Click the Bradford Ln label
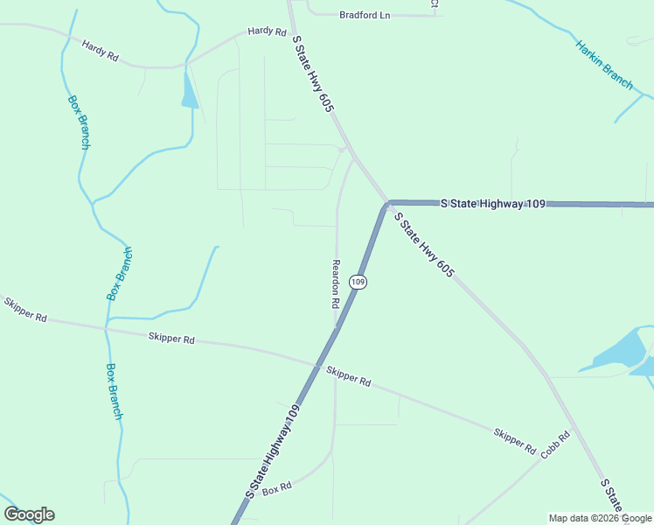[365, 15]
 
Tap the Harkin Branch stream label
[604, 64]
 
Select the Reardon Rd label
[335, 283]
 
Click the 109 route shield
[357, 282]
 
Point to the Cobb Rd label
[555, 444]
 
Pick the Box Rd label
[276, 488]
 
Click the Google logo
[29, 514]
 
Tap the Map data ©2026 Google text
[600, 518]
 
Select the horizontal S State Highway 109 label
[493, 204]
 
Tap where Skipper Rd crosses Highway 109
[316, 365]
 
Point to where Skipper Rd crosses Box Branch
[106, 328]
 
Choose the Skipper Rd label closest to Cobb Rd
[514, 440]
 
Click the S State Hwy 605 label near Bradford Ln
[314, 73]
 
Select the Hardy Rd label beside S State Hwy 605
[267, 31]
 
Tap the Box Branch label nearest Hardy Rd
[79, 121]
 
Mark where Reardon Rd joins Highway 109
[337, 327]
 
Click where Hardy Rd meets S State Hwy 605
[292, 25]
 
